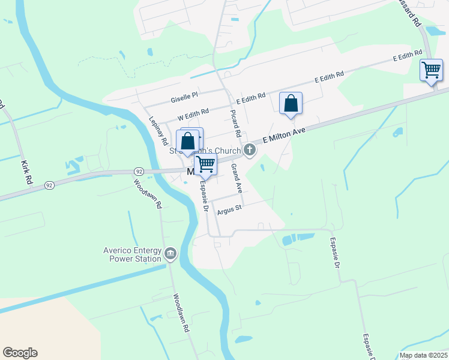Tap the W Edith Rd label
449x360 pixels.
pos(193,113)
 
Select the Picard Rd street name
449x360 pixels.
pos(237,123)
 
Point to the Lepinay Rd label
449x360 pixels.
pos(157,130)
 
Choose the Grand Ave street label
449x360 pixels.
pos(237,178)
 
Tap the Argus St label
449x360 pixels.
pos(229,209)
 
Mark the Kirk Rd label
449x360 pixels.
pos(25,172)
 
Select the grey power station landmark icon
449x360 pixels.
pos(170,254)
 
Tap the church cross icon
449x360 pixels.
pos(250,149)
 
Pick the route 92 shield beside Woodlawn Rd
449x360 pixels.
pos(139,172)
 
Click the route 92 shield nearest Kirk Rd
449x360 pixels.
pos(49,187)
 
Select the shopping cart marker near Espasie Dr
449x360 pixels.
pos(205,163)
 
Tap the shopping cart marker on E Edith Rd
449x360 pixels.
pos(431,70)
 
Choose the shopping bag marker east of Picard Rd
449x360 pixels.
pos(291,103)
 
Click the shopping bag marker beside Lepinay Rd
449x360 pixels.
pos(188,142)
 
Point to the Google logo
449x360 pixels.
pos(20,353)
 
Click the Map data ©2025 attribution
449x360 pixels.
pos(423,355)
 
